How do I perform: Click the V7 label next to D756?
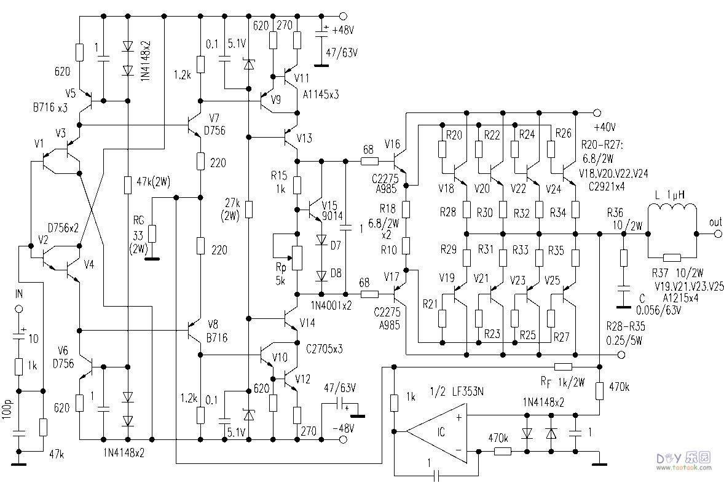coord(214,117)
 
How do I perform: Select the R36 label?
coord(615,213)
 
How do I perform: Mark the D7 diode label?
coord(335,245)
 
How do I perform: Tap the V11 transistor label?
coord(303,79)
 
